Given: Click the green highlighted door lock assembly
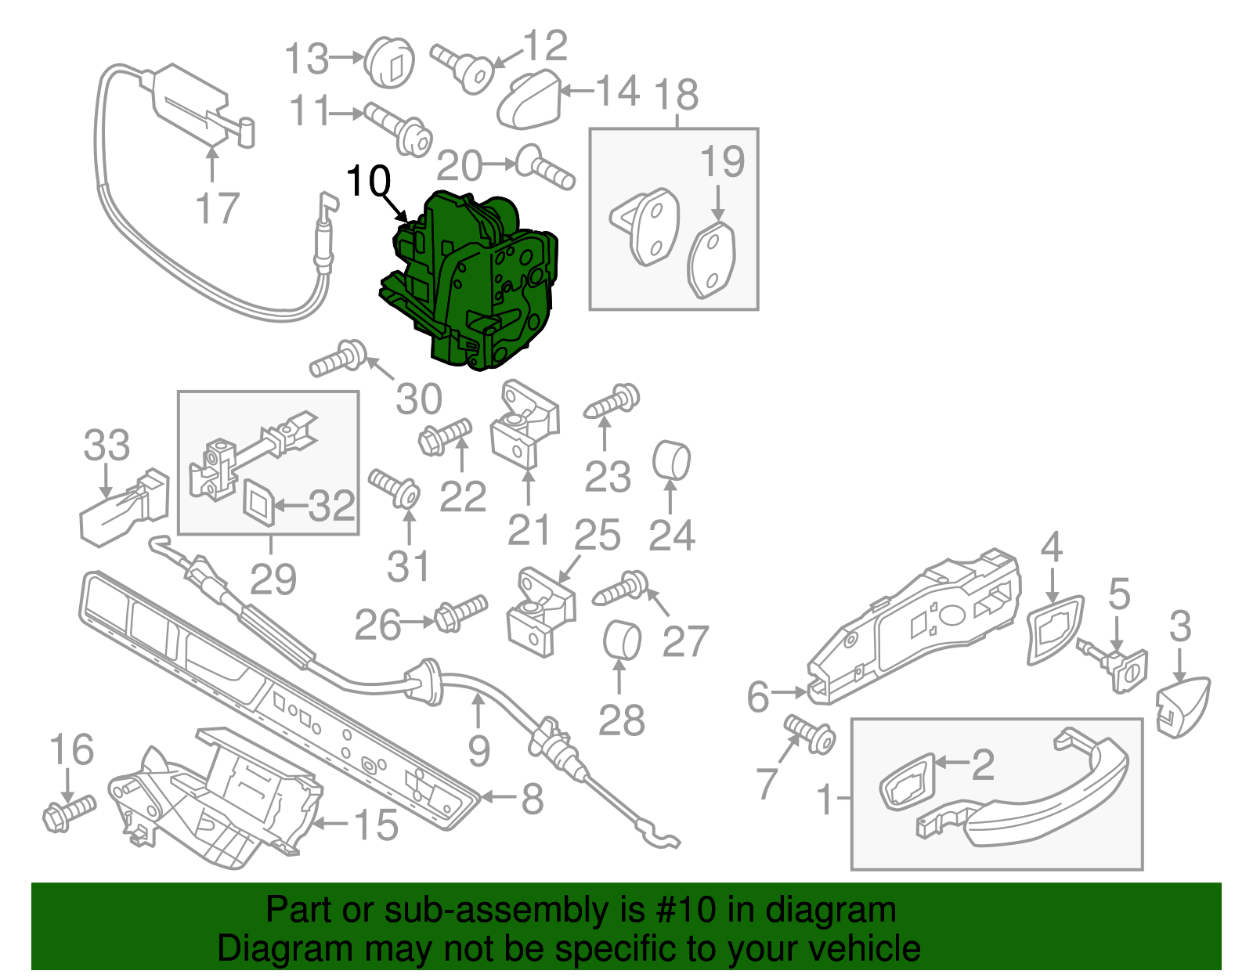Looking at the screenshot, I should click(478, 282).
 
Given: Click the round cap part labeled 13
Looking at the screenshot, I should click(389, 61).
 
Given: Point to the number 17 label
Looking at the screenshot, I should click(216, 209).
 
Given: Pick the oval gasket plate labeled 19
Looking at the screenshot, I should click(712, 260).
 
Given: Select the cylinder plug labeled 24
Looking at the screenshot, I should click(671, 460).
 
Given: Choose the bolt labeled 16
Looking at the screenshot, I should click(69, 811).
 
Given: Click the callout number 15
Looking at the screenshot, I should click(376, 825).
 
